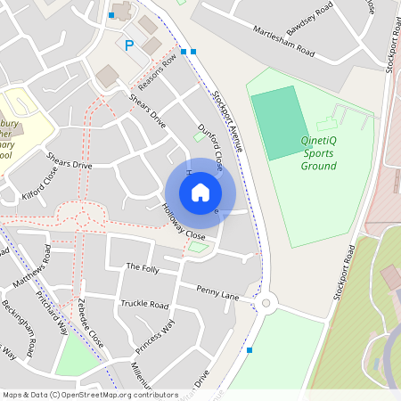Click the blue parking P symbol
[129, 45]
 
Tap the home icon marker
[200, 192]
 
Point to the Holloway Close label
[184, 224]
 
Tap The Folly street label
[141, 266]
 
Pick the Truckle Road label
[144, 304]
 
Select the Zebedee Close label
[91, 322]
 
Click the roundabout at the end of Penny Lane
[266, 303]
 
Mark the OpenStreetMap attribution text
[90, 394]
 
